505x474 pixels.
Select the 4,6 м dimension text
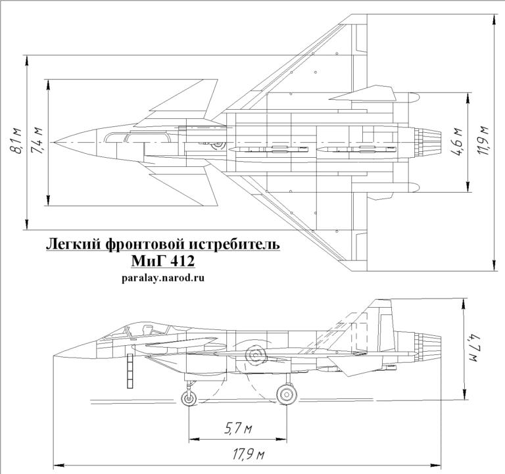pyautogui.click(x=458, y=142)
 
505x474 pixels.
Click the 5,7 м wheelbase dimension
pyautogui.click(x=237, y=429)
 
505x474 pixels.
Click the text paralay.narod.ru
pyautogui.click(x=163, y=277)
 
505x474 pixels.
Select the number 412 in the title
pyautogui.click(x=180, y=262)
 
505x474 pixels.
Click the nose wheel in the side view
pyautogui.click(x=189, y=397)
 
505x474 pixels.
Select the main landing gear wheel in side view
pyautogui.click(x=286, y=394)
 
